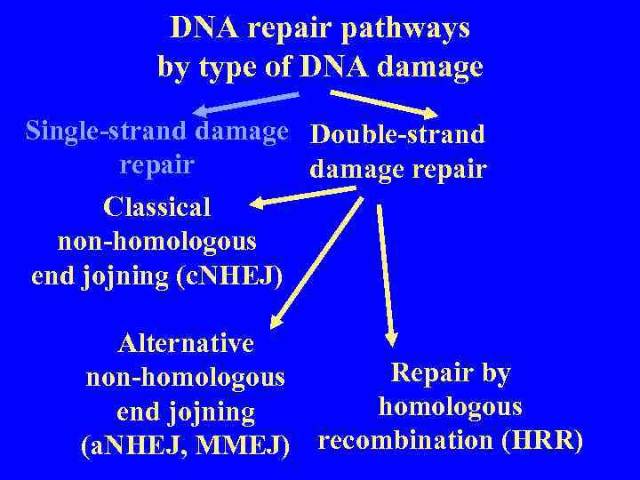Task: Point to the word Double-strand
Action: pos(398,134)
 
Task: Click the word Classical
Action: pos(157,207)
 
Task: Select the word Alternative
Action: pos(186,343)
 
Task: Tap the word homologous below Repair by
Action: pos(450,406)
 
